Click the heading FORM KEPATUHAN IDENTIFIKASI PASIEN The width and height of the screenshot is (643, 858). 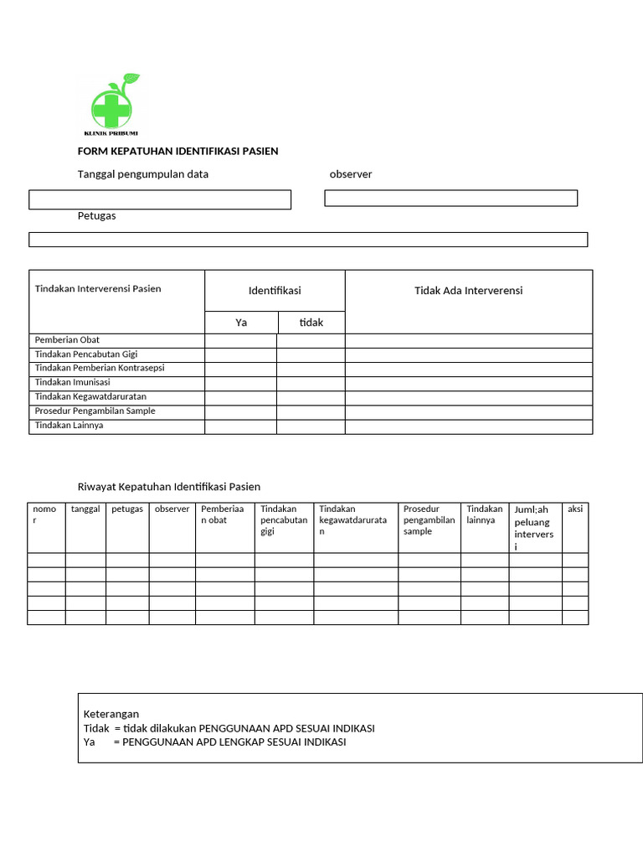click(177, 152)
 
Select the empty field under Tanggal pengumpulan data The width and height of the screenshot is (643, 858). click(160, 199)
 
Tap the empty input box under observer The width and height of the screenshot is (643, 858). click(450, 199)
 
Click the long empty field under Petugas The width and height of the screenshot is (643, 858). click(308, 240)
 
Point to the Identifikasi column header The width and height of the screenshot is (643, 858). click(275, 291)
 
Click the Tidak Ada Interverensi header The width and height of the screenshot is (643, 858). click(468, 291)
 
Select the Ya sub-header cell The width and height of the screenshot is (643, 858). click(241, 323)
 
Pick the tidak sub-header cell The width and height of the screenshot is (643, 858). click(311, 323)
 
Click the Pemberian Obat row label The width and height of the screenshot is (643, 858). click(67, 340)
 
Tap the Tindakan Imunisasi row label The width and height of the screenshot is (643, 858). click(72, 383)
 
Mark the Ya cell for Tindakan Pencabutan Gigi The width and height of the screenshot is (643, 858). click(241, 354)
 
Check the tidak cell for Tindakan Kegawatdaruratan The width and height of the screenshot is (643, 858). click(311, 397)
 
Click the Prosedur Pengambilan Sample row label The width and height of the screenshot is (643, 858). click(95, 411)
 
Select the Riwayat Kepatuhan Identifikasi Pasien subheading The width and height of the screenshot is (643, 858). click(169, 487)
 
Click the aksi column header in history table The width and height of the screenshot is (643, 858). click(575, 509)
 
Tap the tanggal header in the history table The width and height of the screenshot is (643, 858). click(85, 509)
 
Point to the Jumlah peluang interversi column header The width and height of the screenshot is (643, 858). click(534, 527)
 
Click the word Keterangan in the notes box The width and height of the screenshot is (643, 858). click(111, 714)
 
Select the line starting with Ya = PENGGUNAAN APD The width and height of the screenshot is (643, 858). click(214, 742)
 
